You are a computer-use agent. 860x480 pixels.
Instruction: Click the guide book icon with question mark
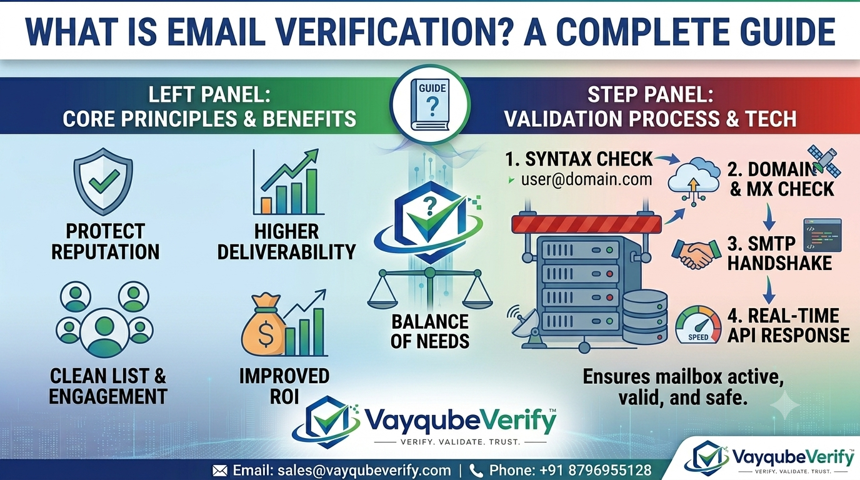431,104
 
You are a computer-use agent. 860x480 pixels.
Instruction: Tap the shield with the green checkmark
103,181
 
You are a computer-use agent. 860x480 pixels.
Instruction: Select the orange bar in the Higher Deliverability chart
266,206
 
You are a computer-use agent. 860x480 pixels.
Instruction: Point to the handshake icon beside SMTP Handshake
695,254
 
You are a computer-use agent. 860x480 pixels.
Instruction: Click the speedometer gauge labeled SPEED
698,324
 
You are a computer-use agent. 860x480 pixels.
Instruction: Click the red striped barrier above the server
587,224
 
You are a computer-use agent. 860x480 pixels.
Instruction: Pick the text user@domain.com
586,179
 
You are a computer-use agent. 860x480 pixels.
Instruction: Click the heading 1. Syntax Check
579,159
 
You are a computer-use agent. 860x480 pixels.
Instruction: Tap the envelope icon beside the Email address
220,471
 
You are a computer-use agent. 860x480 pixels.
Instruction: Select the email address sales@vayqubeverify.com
364,471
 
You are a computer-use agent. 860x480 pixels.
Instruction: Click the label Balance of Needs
430,331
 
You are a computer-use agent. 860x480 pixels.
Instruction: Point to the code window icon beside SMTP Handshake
822,235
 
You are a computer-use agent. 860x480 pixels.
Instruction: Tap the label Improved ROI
284,386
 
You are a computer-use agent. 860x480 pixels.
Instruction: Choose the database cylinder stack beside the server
645,317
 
